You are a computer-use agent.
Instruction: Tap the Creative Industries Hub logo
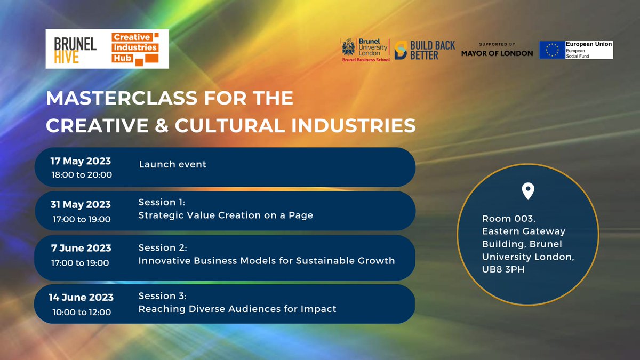(135, 49)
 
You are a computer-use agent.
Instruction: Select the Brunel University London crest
(349, 47)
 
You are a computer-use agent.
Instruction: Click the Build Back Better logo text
(433, 50)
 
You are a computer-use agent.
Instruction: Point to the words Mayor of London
(497, 53)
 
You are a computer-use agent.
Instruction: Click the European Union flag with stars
(552, 50)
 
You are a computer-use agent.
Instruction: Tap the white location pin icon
(528, 191)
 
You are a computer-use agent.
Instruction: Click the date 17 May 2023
(81, 161)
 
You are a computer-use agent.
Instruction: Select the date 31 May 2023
(81, 205)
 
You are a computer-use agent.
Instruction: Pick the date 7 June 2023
(81, 248)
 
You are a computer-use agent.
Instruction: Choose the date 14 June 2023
(81, 298)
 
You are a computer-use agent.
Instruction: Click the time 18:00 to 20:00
(82, 175)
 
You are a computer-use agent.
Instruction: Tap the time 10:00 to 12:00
(82, 313)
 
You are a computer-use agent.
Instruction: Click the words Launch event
(173, 164)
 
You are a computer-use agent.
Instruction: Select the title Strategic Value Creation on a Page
(226, 215)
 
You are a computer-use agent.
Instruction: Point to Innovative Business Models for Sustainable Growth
(267, 261)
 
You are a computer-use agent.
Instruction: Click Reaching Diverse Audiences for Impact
(237, 309)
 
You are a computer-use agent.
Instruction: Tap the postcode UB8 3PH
(503, 269)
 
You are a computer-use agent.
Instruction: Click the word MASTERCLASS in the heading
(122, 98)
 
